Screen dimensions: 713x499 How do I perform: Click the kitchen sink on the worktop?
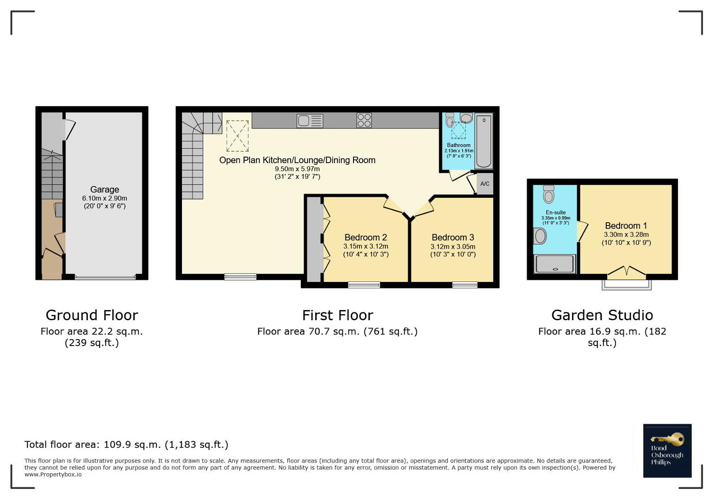310,121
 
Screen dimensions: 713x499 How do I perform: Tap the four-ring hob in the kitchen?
364,121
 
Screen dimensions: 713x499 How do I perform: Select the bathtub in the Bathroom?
483,141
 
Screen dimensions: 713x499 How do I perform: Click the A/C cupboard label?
484,183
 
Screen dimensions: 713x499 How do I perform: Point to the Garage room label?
105,189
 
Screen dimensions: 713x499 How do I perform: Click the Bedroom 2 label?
366,237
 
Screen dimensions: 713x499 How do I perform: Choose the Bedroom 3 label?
453,237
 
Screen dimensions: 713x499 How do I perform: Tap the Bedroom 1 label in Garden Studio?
626,225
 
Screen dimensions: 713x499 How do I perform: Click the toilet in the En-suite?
549,194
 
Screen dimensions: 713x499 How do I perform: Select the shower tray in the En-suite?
555,264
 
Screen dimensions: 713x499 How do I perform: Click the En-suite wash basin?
540,236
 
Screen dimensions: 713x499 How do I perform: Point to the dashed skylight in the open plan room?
238,136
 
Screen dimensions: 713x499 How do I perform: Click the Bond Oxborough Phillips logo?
667,450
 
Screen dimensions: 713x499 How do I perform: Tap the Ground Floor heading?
91,316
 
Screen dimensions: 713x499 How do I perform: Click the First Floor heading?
337,316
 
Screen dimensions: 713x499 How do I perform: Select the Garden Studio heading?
602,316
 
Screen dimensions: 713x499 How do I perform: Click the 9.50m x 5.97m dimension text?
297,169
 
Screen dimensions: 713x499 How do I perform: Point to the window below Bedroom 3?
465,285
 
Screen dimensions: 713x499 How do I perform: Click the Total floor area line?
126,444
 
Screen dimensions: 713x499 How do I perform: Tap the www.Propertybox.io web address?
53,475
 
